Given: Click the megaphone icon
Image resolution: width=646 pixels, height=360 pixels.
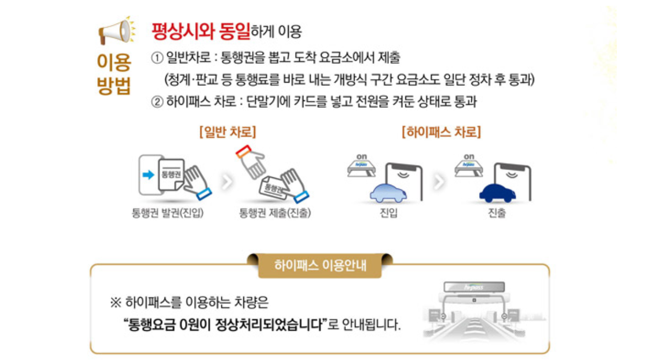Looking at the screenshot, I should coord(116,32).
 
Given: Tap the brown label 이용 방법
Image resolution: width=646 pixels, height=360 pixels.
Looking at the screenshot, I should coord(114,74).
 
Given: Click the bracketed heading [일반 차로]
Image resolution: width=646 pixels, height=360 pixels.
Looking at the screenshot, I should coord(228,132).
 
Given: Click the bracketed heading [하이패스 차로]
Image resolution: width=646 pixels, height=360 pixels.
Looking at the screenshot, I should coord(441,132).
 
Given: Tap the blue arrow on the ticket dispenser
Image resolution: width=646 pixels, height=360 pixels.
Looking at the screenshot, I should coord(148,175).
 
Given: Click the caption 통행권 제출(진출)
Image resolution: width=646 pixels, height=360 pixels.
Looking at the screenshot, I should coord(275,213).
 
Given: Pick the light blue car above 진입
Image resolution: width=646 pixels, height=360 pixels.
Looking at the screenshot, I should coord(388,193).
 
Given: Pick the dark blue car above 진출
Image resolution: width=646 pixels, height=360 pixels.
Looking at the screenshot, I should coord(497,193).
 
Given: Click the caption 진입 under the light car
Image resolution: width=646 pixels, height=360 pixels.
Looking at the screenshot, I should coord(388,213).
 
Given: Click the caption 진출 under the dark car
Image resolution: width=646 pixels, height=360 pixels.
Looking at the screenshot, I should coord(497,213).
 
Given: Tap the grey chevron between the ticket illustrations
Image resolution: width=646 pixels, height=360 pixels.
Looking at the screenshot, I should coord(226,182).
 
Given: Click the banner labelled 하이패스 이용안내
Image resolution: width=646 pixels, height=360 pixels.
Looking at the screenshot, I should coord(320,265).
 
